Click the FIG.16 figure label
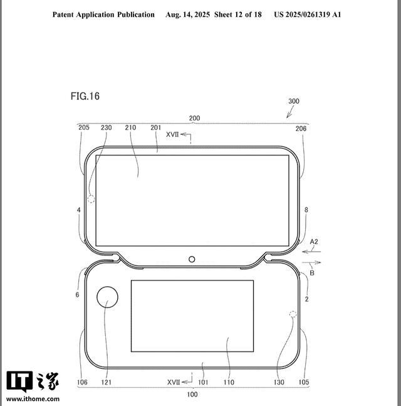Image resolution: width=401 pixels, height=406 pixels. click(x=85, y=96)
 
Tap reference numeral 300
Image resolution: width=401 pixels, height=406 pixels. click(x=294, y=101)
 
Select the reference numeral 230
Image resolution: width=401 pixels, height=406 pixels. click(x=107, y=127)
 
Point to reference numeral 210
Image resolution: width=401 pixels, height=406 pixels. click(x=130, y=127)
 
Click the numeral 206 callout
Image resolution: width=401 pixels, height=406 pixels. click(x=301, y=129)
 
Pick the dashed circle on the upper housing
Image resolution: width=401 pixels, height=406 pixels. click(x=91, y=199)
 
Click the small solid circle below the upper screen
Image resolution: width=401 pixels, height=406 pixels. click(x=192, y=259)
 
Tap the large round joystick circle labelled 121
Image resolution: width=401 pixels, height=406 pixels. click(x=107, y=297)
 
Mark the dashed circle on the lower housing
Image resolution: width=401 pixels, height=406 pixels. click(x=293, y=314)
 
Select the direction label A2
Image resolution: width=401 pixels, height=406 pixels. click(x=314, y=242)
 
